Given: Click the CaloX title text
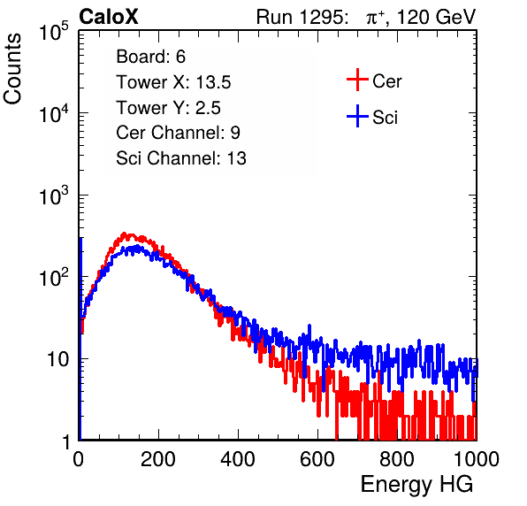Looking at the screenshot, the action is (x=108, y=17).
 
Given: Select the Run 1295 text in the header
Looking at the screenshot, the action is (x=302, y=17).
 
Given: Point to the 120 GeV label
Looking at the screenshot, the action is (x=436, y=17).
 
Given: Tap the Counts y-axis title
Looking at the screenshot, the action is (x=12, y=69).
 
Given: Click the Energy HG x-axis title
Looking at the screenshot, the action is (x=416, y=485).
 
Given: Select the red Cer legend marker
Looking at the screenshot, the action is (x=357, y=80).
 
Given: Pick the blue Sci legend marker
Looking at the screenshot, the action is (x=357, y=116).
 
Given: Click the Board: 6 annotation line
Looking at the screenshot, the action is (x=150, y=57).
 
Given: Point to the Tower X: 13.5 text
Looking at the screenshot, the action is (x=173, y=82).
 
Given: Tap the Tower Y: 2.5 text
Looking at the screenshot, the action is (x=168, y=108).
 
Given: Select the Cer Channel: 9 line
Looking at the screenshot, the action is (x=178, y=133).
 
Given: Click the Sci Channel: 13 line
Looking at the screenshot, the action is (x=181, y=158).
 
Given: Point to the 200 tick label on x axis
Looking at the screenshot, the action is (x=158, y=459).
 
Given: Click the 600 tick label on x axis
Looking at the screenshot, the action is (x=317, y=459).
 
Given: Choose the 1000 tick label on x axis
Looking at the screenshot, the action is (x=476, y=459).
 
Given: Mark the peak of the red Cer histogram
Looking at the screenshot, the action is (x=124, y=234).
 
